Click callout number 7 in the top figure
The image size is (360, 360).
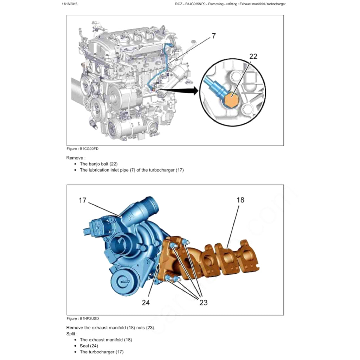[x=213, y=36]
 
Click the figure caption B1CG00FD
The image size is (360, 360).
[x=83, y=149]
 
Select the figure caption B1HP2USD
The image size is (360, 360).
[x=83, y=319]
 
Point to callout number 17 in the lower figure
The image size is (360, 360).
[x=83, y=200]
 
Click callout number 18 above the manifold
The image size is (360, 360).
[x=240, y=200]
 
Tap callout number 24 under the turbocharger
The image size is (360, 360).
[x=146, y=302]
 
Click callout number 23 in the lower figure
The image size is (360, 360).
[x=203, y=302]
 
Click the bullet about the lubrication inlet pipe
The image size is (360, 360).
[x=131, y=170]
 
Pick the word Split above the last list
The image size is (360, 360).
[x=72, y=333]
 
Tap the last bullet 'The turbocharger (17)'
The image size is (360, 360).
[x=102, y=352]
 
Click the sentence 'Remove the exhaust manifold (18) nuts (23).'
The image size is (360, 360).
[x=110, y=327]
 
